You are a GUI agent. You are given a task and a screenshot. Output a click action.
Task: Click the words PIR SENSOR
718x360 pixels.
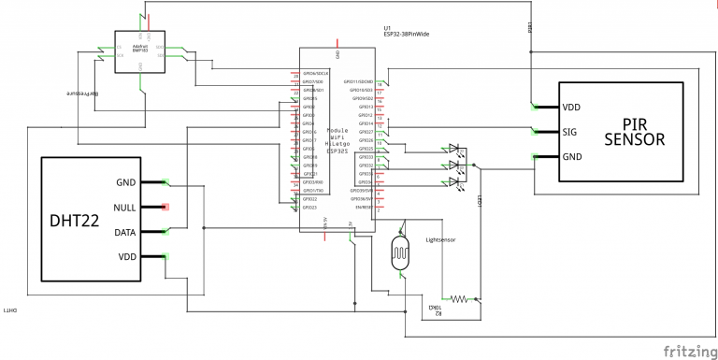(634, 132)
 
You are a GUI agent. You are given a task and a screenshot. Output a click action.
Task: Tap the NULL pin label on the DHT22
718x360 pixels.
(125, 207)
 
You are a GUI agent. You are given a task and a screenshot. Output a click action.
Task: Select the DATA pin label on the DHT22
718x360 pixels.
(125, 231)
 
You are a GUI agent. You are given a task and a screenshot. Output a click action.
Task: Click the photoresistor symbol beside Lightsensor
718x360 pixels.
(401, 253)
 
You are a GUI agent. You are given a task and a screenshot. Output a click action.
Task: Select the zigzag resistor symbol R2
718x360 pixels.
(459, 299)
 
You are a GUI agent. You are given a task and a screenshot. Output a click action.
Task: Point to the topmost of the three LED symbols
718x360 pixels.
(454, 149)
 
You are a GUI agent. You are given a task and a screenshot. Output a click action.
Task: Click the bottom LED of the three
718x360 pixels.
(454, 181)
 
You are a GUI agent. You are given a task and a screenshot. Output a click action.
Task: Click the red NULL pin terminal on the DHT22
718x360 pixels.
(165, 207)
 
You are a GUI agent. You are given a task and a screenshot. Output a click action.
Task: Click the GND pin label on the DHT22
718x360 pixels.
(126, 182)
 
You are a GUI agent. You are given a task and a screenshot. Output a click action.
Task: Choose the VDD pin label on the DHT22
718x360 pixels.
(126, 255)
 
